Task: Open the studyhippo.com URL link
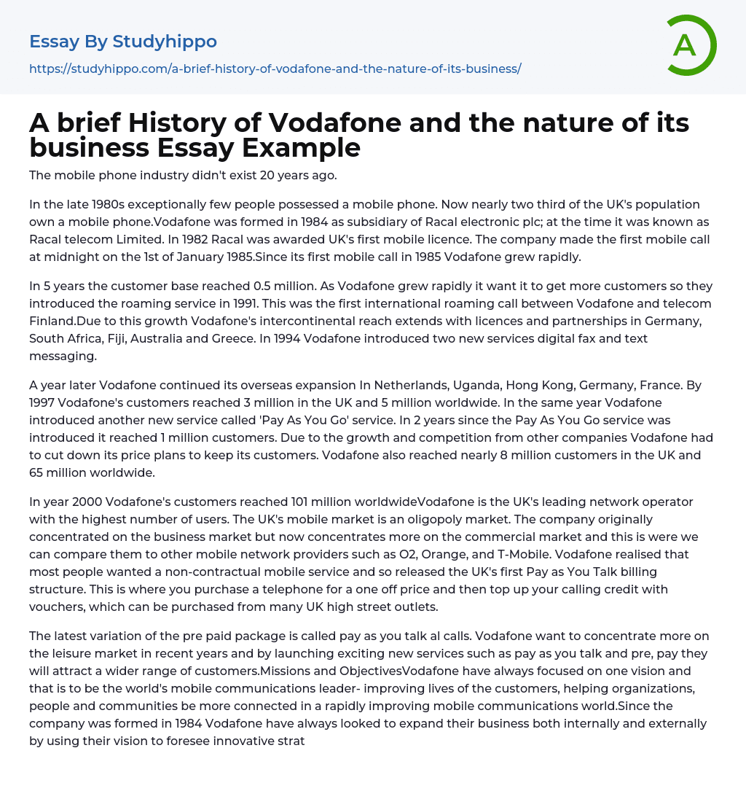(x=275, y=69)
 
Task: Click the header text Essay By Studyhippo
(x=123, y=42)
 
